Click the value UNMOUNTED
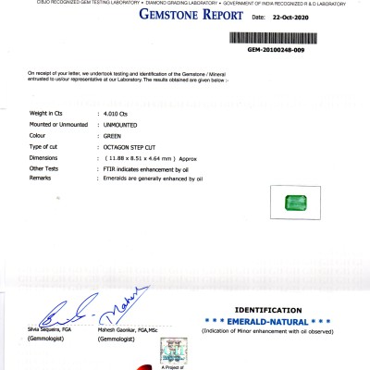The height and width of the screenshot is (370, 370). [x=122, y=124]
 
